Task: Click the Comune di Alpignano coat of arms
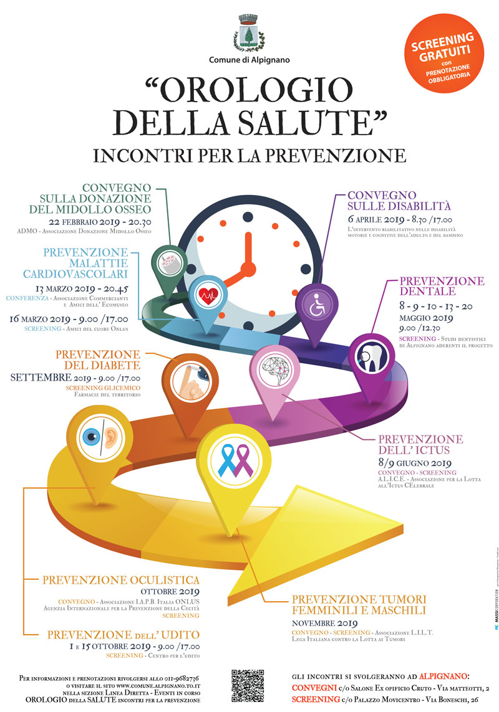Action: pyautogui.click(x=249, y=34)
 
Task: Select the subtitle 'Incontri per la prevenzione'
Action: pyautogui.click(x=249, y=154)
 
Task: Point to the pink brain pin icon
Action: pyautogui.click(x=274, y=369)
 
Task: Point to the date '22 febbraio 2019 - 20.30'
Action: pyautogui.click(x=107, y=222)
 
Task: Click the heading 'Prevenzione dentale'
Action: pyautogui.click(x=441, y=287)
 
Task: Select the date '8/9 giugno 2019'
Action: pyautogui.click(x=413, y=463)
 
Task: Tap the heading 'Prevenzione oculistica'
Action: pyautogui.click(x=121, y=580)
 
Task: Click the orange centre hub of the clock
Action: pyautogui.click(x=248, y=268)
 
